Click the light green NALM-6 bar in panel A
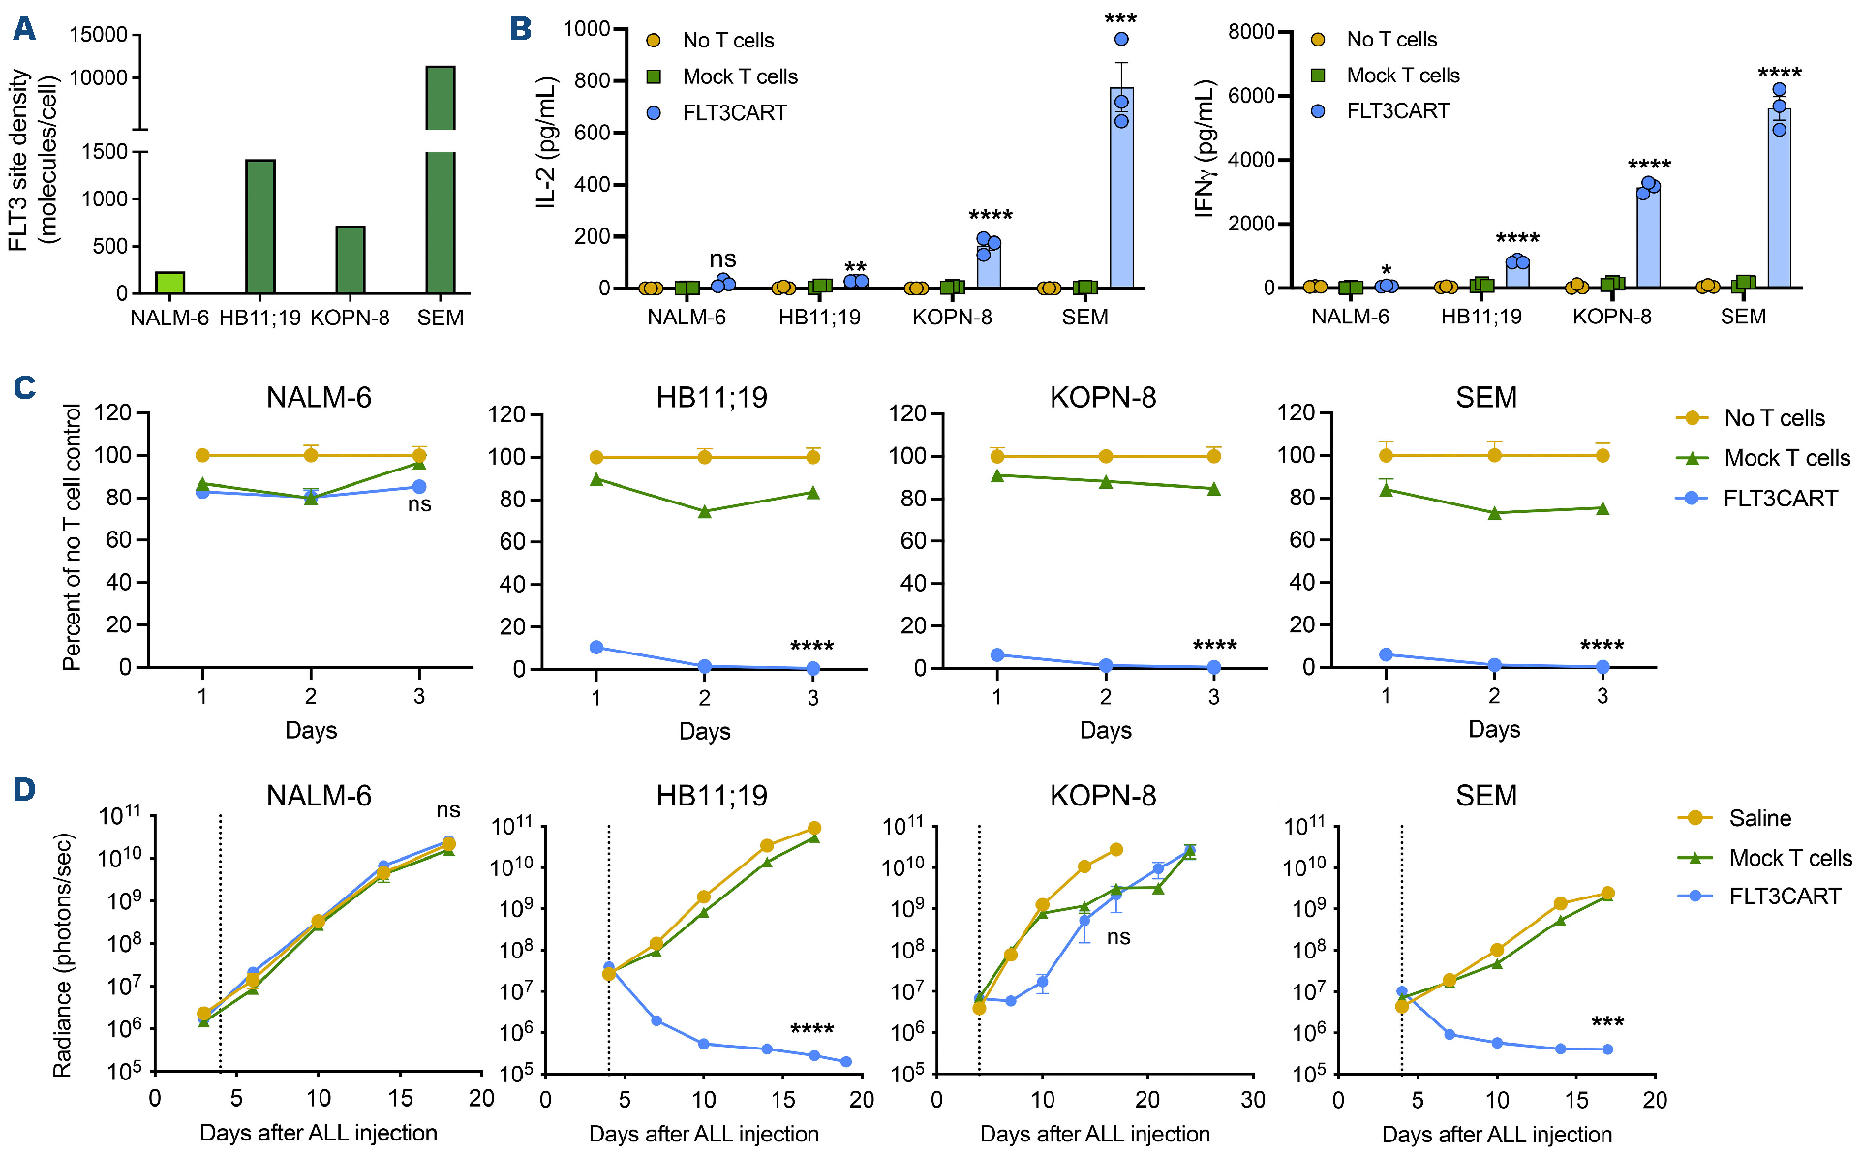(x=169, y=283)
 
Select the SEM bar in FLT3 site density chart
(x=441, y=194)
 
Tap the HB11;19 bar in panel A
(x=260, y=227)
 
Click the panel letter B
(x=520, y=29)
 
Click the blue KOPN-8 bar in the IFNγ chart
(x=1648, y=238)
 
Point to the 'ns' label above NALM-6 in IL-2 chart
(x=722, y=259)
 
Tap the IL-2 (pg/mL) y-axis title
(x=546, y=142)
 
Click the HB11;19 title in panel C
(x=712, y=398)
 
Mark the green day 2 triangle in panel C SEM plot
(x=1494, y=513)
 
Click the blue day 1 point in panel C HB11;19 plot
(x=596, y=647)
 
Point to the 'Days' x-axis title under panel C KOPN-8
(x=1105, y=730)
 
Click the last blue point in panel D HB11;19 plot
(x=846, y=1062)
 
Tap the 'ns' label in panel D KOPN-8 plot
(x=1118, y=937)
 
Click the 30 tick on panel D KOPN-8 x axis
(x=1253, y=1100)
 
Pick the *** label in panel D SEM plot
(x=1607, y=1022)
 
